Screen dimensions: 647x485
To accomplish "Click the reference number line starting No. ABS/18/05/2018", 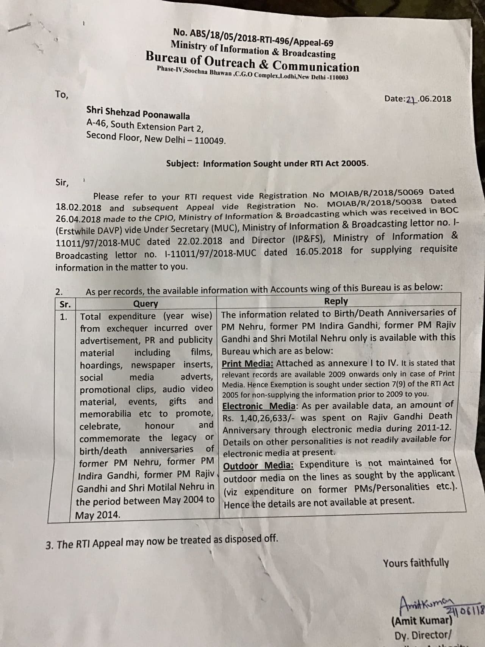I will point(253,37).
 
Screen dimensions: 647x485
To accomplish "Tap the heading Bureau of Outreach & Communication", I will point(252,62).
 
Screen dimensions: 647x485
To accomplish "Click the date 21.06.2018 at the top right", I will point(418,99).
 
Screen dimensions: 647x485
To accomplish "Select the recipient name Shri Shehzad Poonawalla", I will point(138,113).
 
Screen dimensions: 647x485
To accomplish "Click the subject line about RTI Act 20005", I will point(267,164).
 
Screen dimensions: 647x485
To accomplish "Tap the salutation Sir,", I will point(63,183).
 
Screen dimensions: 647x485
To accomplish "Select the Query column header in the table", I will point(145,304).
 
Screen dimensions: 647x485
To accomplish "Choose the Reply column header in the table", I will point(336,301).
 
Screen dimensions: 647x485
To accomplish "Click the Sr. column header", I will point(65,304).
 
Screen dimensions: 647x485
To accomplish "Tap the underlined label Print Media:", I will point(247,363).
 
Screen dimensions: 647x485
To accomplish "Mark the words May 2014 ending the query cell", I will point(97,515).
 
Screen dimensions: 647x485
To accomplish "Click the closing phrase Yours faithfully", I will point(416,563).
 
